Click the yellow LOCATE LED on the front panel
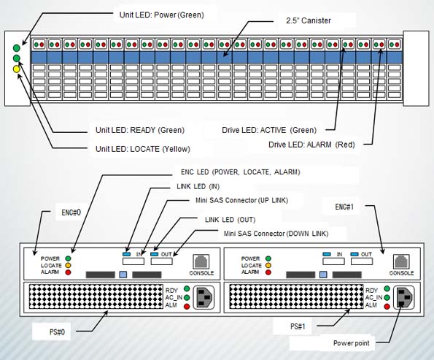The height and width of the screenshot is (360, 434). pyautogui.click(x=17, y=69)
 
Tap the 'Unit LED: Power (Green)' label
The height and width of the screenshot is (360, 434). pyautogui.click(x=162, y=15)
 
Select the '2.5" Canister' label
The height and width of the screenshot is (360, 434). pyautogui.click(x=309, y=20)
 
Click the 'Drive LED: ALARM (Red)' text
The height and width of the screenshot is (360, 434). pyautogui.click(x=311, y=145)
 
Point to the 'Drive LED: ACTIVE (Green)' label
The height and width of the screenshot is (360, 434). pyautogui.click(x=269, y=130)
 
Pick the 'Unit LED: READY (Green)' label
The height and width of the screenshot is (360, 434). pyautogui.click(x=140, y=130)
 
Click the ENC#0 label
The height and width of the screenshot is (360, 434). pyautogui.click(x=71, y=212)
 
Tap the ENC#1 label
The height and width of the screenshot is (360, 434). pyautogui.click(x=344, y=207)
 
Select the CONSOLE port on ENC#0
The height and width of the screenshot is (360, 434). pyautogui.click(x=201, y=261)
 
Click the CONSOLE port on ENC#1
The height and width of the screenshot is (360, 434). pyautogui.click(x=401, y=261)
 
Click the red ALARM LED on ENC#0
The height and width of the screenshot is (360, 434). pyautogui.click(x=68, y=272)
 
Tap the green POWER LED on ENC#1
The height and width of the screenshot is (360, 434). pyautogui.click(x=268, y=258)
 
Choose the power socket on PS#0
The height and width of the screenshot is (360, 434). pyautogui.click(x=204, y=297)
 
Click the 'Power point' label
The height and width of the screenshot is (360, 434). pyautogui.click(x=352, y=343)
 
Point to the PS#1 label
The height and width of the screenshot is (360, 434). pyautogui.click(x=298, y=326)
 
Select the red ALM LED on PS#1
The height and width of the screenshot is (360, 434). pyautogui.click(x=387, y=306)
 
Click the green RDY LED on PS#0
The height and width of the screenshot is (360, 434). pyautogui.click(x=187, y=288)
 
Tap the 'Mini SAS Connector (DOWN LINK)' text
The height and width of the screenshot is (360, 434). pyautogui.click(x=276, y=234)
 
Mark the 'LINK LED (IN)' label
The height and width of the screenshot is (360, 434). pyautogui.click(x=198, y=186)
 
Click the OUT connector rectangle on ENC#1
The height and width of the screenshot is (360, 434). pyautogui.click(x=362, y=261)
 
